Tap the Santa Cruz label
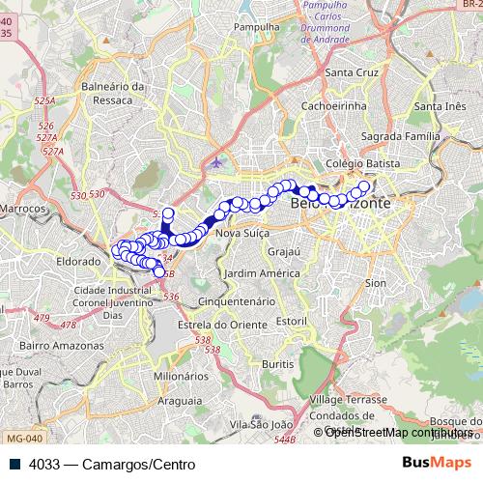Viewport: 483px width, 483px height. [x=351, y=72]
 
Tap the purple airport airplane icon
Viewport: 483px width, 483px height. [x=217, y=161]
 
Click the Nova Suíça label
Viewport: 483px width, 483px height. [x=242, y=234]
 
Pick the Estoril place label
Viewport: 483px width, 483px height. [x=291, y=318]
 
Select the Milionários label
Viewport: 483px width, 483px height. [x=181, y=376]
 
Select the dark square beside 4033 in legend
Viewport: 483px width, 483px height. [x=15, y=464]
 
